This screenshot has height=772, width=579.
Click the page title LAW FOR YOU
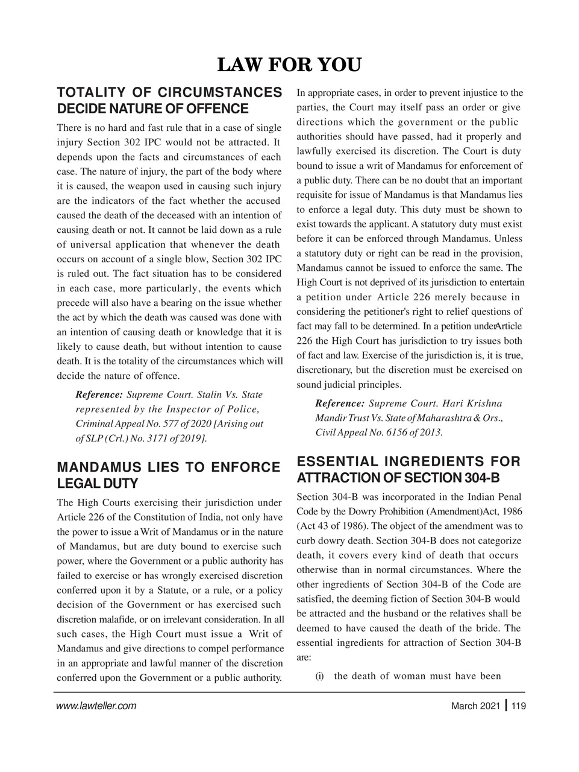coord(289,65)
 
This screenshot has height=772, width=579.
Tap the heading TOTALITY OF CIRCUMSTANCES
coord(169,93)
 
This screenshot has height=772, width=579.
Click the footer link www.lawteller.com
coord(96,706)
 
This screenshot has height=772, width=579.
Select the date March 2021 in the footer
coord(475,706)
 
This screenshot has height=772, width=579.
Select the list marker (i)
coord(320,675)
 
